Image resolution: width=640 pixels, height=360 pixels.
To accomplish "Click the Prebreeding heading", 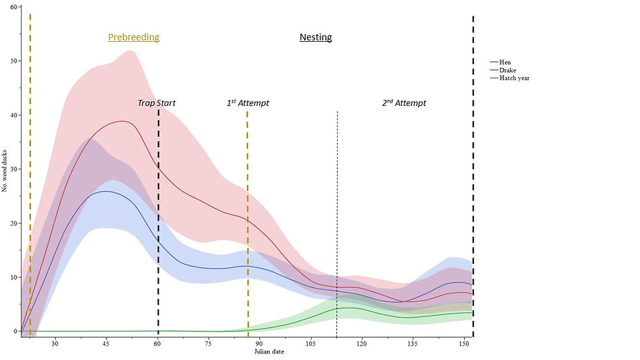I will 133,37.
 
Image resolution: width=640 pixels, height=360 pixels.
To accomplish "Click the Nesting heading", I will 315,37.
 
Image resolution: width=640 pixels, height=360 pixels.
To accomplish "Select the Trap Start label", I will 156,103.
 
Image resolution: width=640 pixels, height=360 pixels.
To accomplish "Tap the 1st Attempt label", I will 248,103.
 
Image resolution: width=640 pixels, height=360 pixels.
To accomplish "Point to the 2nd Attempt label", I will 404,103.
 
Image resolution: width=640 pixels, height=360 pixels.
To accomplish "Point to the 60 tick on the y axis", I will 14,7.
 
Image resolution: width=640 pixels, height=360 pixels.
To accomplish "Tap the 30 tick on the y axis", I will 14,169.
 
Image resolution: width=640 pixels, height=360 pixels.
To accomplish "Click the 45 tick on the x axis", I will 106,343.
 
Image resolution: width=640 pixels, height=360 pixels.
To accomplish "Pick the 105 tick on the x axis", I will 310,343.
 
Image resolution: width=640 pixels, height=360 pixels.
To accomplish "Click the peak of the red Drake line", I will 122,121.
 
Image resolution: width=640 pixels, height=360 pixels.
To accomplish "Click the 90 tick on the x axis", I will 259,343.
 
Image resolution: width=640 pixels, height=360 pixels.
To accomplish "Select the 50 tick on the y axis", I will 14,61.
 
